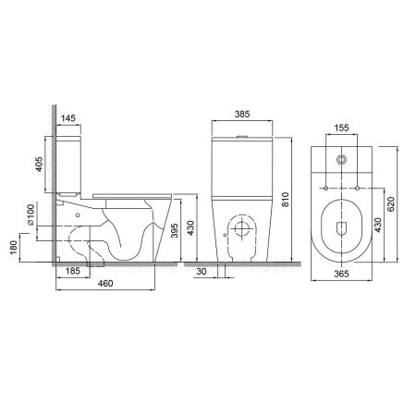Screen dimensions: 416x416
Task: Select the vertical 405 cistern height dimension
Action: (40, 165)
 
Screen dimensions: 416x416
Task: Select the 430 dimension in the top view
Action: (378, 225)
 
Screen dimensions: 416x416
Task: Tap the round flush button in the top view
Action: (342, 161)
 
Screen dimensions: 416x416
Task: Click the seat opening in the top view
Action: (342, 227)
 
